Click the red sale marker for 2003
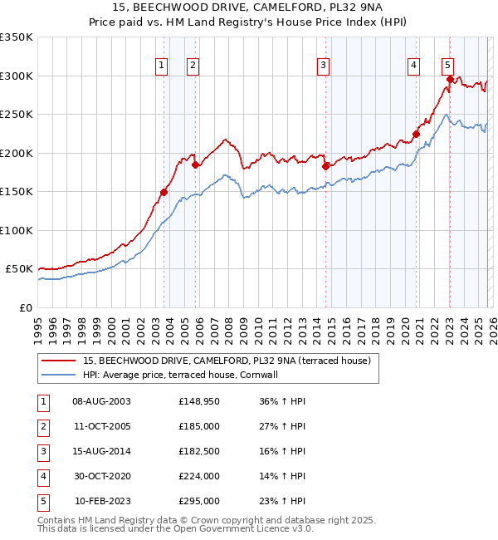[164, 193]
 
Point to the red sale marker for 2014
[325, 166]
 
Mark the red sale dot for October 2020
[416, 134]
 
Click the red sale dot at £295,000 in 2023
[450, 80]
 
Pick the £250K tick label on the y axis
[17, 115]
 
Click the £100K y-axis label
[17, 230]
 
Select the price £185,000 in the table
[199, 425]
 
